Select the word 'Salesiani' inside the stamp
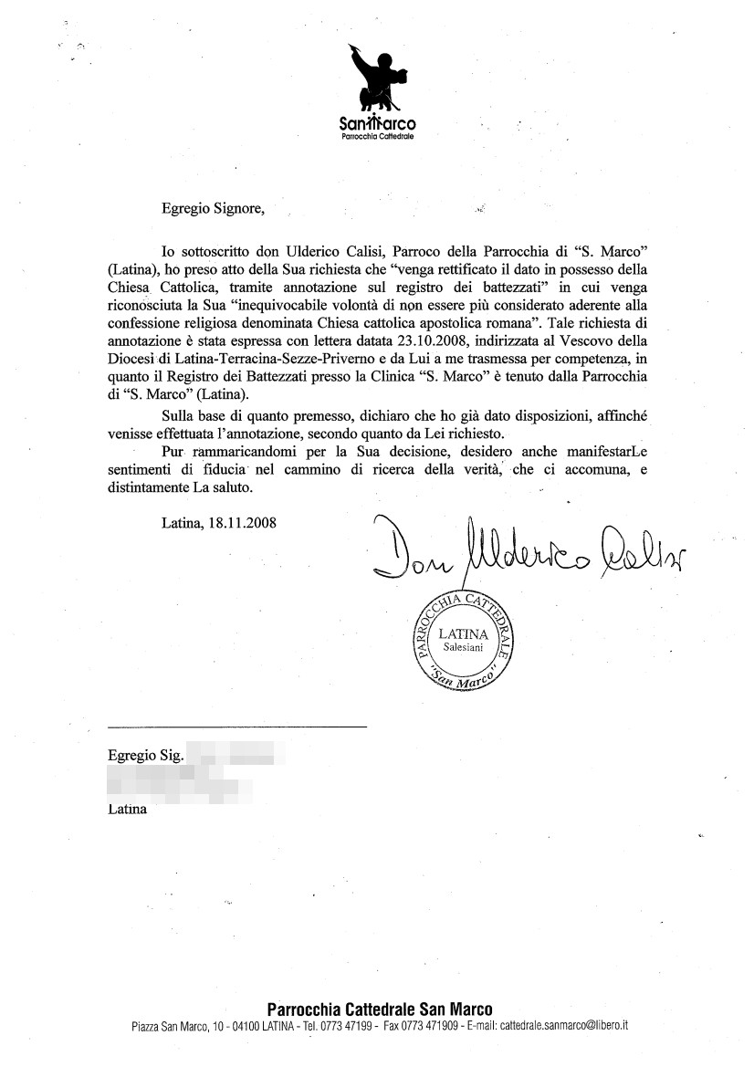pos(464,647)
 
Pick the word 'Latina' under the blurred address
pos(127,809)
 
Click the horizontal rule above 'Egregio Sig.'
pos(236,727)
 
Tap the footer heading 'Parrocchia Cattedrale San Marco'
pos(379,1009)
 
